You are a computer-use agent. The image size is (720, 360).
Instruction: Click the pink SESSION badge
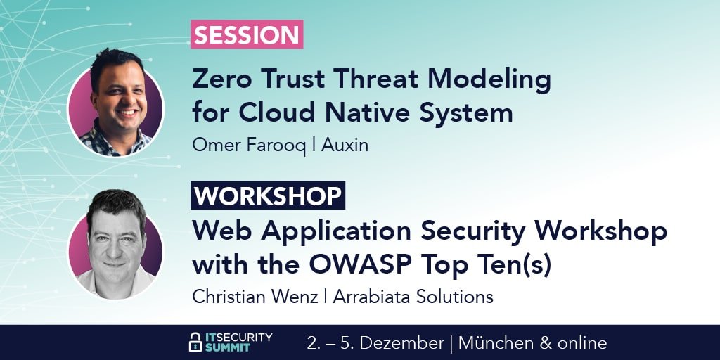(x=247, y=34)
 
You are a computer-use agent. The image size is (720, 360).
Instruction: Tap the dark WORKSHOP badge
(x=268, y=195)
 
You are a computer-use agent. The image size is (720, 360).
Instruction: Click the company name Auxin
(x=345, y=145)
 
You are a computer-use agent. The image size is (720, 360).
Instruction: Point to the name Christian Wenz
(x=255, y=297)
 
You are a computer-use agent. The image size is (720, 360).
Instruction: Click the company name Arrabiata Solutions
(x=413, y=297)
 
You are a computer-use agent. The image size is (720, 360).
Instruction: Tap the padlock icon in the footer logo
(x=195, y=342)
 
